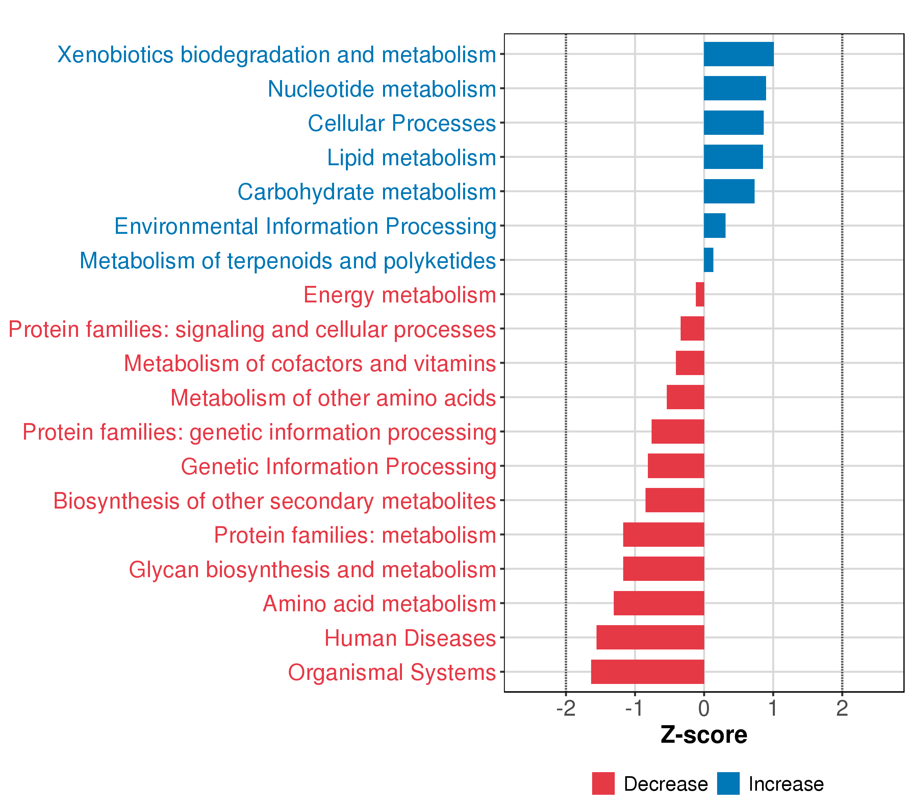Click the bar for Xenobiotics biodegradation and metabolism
tap(738, 54)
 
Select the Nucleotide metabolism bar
tap(734, 89)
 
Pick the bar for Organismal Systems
tap(648, 672)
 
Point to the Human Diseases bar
tap(650, 637)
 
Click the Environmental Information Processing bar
tap(714, 226)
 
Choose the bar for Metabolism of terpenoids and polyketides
tap(709, 260)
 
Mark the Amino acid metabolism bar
tap(659, 603)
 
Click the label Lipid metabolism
tap(411, 157)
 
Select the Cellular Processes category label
tap(402, 123)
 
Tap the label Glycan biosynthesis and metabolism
tap(312, 569)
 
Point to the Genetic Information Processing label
tap(338, 466)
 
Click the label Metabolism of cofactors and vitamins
tap(310, 363)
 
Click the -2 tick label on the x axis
tap(566, 709)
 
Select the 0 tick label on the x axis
tap(704, 709)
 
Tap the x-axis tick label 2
tap(842, 709)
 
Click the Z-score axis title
tap(704, 735)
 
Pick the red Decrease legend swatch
tap(603, 784)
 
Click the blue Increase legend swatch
tap(728, 784)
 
